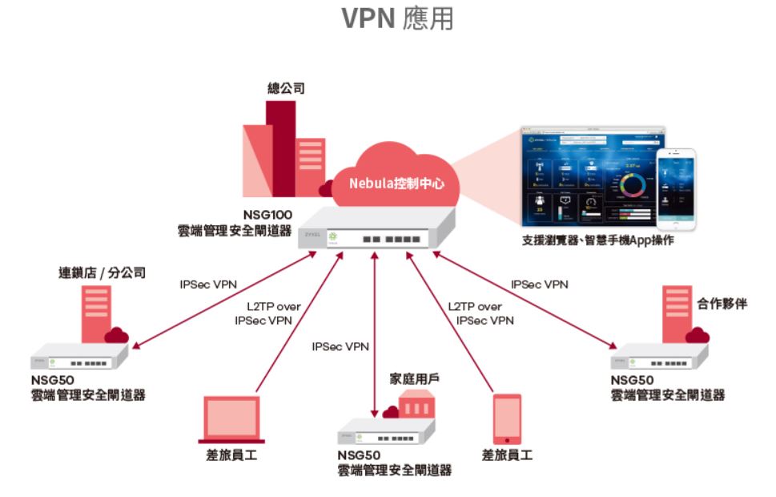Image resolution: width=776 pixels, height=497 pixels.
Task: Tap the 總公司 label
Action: [x=285, y=88]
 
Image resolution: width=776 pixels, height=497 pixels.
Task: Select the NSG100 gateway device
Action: [x=376, y=232]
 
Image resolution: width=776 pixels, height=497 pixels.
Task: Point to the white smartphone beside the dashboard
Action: [x=676, y=189]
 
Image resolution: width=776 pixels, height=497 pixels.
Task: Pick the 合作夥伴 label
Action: [x=722, y=304]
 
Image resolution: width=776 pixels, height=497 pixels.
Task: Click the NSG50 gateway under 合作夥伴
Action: [x=659, y=358]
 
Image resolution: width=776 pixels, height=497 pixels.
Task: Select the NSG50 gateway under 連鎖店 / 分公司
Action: [x=79, y=357]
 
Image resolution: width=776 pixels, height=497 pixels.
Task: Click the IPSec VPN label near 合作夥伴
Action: [x=540, y=285]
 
